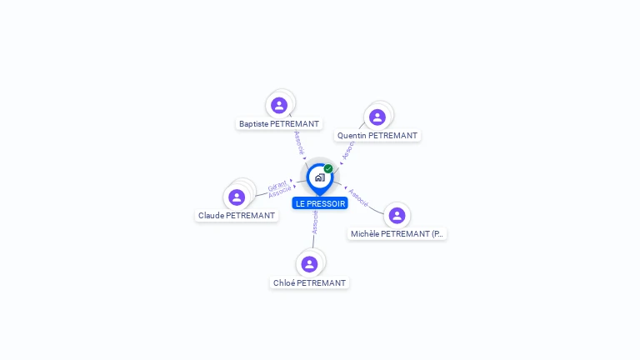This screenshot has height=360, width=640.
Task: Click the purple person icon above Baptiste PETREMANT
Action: point(279,105)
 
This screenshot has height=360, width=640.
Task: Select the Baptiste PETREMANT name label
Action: point(279,124)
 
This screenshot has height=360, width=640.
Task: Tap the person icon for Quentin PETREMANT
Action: point(377,117)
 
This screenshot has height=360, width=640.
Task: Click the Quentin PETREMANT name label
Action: point(377,136)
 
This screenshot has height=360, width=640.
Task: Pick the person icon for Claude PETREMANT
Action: point(237,197)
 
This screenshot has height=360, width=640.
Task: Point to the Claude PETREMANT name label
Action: point(237,216)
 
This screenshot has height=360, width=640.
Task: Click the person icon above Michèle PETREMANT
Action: point(397,215)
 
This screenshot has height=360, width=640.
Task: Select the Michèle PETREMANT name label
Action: point(397,234)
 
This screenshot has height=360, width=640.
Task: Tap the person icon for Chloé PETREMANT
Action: point(309,264)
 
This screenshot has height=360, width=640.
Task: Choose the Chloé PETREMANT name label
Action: point(309,283)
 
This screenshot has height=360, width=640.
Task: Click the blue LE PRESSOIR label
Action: point(320,203)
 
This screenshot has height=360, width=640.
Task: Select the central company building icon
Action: point(319,177)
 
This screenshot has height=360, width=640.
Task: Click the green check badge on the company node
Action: point(328,169)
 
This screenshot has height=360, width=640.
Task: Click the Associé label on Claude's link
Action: point(280,193)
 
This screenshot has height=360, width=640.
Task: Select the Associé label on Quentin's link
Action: point(347,150)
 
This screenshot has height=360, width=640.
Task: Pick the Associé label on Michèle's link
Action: point(358,197)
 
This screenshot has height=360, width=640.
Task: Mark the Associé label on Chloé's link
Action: point(315,222)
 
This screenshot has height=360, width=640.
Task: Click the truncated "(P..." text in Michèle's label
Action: point(438,234)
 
